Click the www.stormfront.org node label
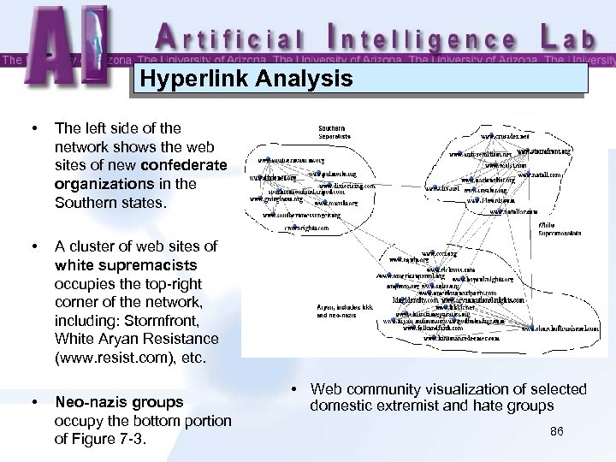[x=542, y=151]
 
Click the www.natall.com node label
[x=538, y=174]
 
